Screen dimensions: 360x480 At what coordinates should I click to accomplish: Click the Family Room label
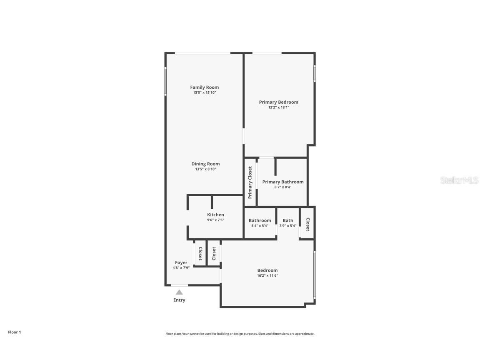(x=204, y=87)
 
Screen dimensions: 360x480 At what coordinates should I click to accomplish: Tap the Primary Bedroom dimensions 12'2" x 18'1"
(x=278, y=107)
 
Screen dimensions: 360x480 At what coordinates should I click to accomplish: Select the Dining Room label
(x=205, y=164)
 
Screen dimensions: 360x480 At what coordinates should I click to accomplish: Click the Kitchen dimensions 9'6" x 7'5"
(x=215, y=220)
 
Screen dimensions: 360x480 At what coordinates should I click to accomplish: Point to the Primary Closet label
(x=250, y=182)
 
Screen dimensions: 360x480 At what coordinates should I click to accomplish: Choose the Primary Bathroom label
(x=282, y=182)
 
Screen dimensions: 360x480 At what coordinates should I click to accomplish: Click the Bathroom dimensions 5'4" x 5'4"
(x=260, y=226)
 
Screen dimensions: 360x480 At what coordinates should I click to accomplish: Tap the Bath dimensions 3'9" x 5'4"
(x=288, y=226)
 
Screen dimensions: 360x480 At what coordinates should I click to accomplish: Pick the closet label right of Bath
(x=307, y=225)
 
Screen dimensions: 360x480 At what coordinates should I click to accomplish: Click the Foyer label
(x=181, y=262)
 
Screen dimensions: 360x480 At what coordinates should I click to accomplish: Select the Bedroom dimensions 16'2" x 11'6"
(x=267, y=275)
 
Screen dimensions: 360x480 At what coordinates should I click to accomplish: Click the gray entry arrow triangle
(x=179, y=292)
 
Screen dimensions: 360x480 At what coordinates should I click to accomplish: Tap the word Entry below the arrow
(x=179, y=300)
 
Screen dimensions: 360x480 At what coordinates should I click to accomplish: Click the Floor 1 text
(x=14, y=332)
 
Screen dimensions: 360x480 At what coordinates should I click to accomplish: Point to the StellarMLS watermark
(x=459, y=180)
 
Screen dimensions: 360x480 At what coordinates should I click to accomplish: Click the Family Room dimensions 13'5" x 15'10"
(x=204, y=92)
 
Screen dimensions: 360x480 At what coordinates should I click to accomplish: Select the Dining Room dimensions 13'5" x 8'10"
(x=205, y=169)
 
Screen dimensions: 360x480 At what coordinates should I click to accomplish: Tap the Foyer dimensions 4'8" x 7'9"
(x=181, y=268)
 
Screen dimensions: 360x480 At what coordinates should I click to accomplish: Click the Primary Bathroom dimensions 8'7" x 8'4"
(x=282, y=187)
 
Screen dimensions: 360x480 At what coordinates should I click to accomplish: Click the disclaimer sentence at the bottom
(x=240, y=334)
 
